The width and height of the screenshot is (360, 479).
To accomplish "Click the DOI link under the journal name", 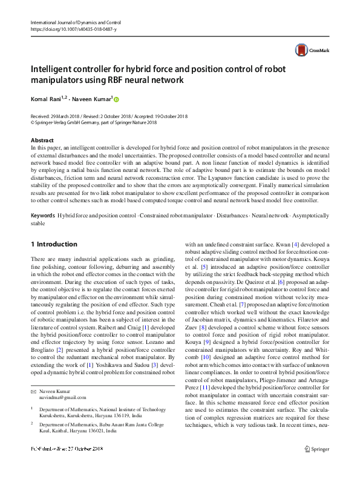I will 73,29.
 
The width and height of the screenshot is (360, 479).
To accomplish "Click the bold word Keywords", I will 42,216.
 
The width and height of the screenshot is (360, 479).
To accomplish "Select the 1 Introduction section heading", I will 54,244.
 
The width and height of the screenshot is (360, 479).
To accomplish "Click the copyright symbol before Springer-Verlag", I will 33,122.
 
